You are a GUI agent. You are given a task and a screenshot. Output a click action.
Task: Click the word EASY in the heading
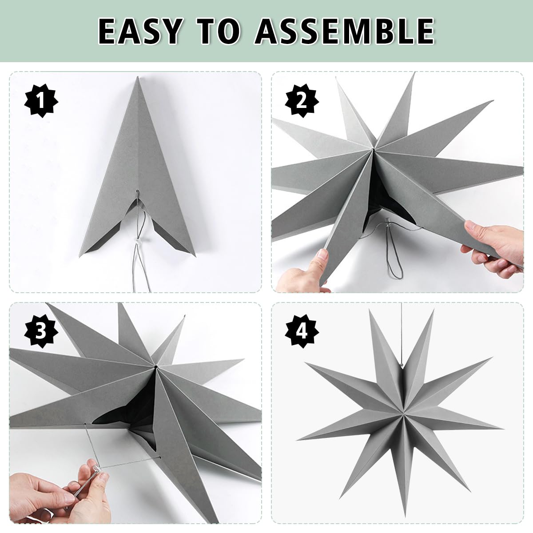[x=139, y=31]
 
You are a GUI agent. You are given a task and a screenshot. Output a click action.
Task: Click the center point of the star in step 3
[x=156, y=367]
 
